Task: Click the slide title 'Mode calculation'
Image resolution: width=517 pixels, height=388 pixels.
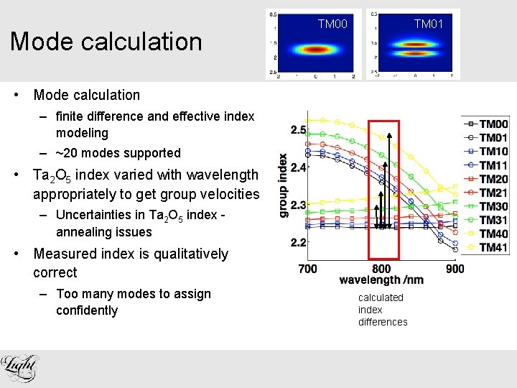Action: (x=106, y=42)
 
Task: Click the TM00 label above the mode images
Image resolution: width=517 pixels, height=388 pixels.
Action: (x=332, y=25)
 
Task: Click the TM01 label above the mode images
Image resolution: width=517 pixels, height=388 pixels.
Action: (x=429, y=25)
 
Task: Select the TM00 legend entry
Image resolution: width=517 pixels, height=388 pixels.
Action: (x=493, y=124)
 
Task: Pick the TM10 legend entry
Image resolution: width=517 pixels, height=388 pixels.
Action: (x=493, y=152)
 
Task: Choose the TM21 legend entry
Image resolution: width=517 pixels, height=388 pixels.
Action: (x=493, y=193)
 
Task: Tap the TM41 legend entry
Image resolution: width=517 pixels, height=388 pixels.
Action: (x=493, y=247)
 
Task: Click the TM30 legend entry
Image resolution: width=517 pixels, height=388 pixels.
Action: (x=493, y=206)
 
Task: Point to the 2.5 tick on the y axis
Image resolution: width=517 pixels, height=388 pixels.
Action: (x=298, y=130)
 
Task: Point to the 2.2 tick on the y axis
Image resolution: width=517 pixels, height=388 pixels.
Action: (x=298, y=243)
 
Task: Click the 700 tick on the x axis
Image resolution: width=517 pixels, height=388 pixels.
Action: (x=307, y=269)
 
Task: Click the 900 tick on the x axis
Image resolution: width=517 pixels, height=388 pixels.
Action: (x=455, y=269)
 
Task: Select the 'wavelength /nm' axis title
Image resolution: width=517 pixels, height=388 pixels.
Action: (x=382, y=280)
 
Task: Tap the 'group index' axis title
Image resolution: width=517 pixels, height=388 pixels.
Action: (x=284, y=185)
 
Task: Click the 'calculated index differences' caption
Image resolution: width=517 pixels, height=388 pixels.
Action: (x=382, y=310)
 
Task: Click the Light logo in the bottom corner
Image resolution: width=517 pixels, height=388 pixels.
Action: (x=20, y=369)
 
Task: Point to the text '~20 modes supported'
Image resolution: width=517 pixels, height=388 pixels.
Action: (x=118, y=153)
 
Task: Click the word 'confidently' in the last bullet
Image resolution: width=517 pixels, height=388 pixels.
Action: (x=86, y=310)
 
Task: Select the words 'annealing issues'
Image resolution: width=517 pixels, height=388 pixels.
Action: (x=103, y=232)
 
